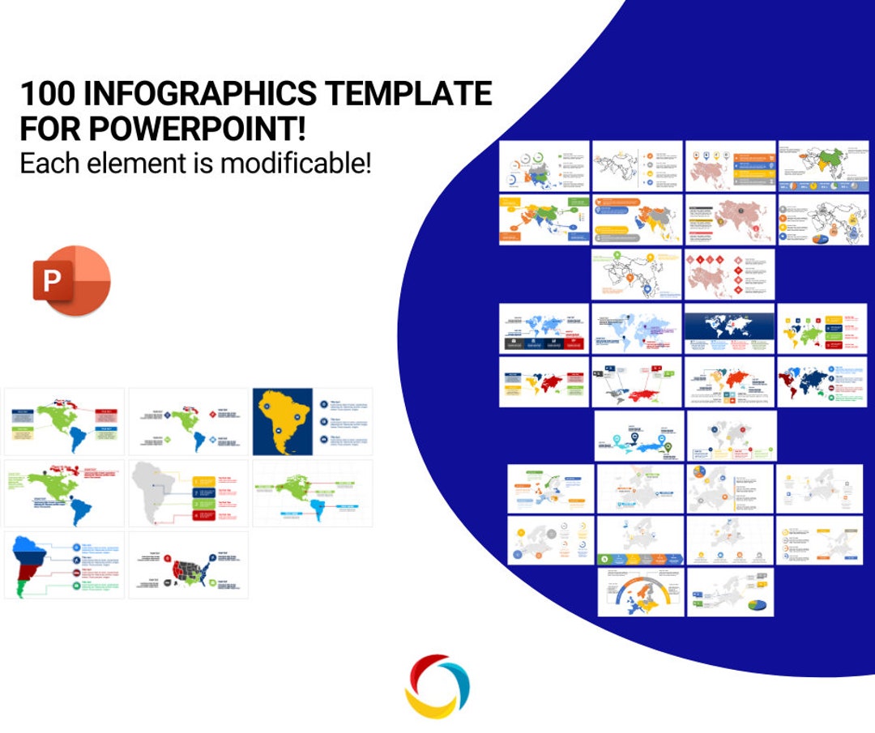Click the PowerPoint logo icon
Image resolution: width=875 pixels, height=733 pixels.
pyautogui.click(x=71, y=280)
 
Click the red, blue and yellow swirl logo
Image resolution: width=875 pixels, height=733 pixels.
pyautogui.click(x=437, y=686)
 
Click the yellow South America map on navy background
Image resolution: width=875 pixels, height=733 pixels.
pyautogui.click(x=281, y=421)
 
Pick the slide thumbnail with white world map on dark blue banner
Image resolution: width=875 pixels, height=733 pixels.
pyautogui.click(x=730, y=328)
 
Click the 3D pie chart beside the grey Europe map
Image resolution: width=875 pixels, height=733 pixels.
pyautogui.click(x=756, y=604)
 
